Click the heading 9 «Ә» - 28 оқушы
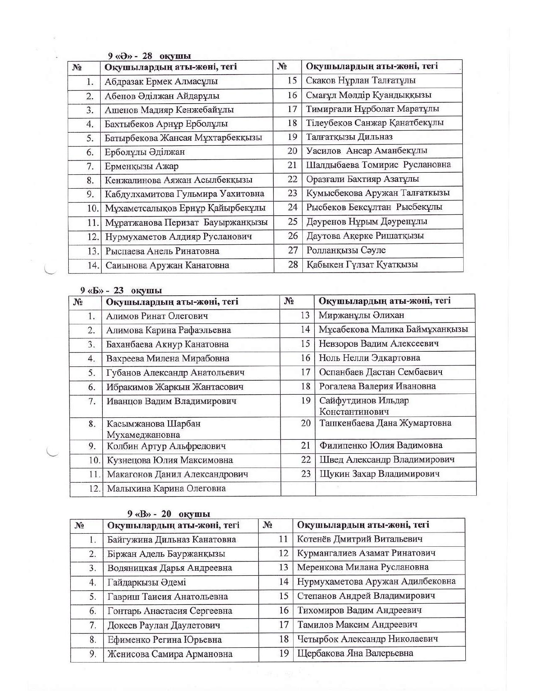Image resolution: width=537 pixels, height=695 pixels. pos(149,56)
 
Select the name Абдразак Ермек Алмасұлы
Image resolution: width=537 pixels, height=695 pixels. pos(161,81)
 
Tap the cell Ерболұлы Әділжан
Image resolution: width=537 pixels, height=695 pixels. pos(144,152)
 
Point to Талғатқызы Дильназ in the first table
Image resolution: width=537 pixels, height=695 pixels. pos(349,137)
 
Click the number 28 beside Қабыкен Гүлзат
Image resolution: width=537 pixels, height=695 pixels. pos(293,265)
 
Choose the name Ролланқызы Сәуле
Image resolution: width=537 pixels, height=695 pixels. pos(346,250)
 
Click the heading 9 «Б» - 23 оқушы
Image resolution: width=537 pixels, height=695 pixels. pos(121,291)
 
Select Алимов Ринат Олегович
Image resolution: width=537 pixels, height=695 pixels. pos(157,316)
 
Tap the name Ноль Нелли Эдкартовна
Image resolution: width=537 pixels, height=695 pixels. pos(369,358)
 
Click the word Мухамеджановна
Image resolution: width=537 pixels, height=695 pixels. pos(143,435)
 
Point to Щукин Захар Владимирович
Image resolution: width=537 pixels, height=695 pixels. pos(379,474)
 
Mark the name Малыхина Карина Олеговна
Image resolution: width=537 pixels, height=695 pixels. pos(166,489)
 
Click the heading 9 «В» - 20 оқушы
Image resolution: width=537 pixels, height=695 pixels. pos(169,514)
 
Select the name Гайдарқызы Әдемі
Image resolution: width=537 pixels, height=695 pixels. pos(147,583)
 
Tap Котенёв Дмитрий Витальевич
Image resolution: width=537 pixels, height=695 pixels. pos(360,539)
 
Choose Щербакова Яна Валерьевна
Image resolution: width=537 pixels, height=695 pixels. pos(355,653)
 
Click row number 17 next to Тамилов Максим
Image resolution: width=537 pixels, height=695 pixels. pos(284,625)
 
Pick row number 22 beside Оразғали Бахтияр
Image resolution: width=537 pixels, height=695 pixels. pos(292,179)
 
